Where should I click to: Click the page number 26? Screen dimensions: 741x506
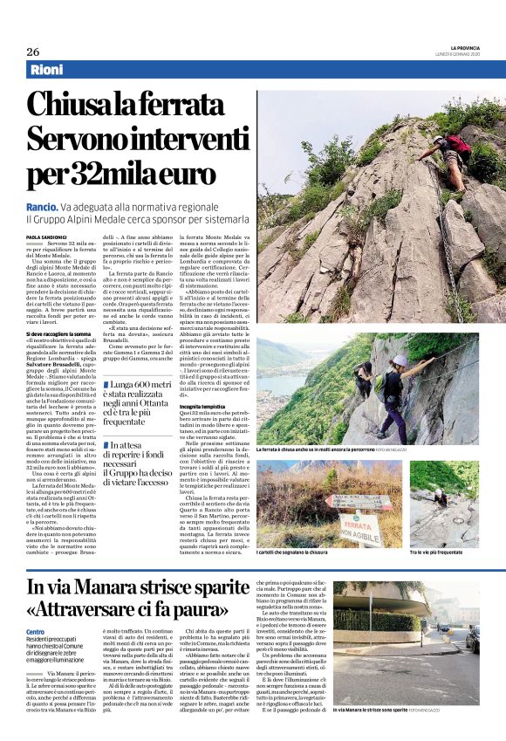(33, 51)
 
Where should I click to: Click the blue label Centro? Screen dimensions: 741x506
(35, 632)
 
